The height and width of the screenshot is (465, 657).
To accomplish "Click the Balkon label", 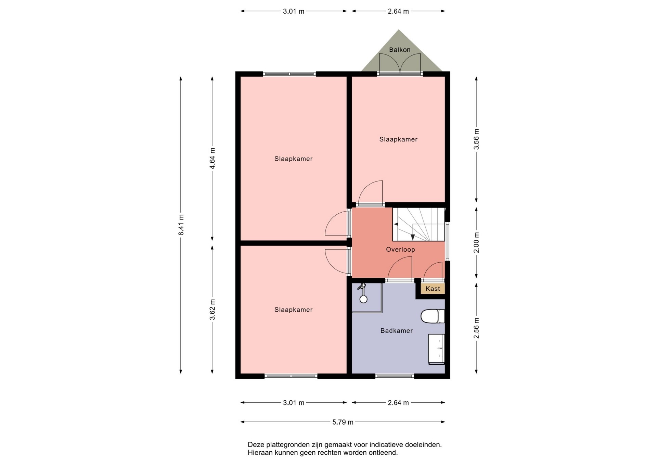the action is point(400,50).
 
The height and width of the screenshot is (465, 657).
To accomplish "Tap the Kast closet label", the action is point(433,289).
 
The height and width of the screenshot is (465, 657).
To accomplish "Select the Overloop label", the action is point(400,250).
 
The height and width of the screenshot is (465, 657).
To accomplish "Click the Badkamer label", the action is point(397,331).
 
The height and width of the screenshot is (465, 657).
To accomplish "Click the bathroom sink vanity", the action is point(436,349).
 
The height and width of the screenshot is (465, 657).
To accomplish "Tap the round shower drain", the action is point(363,299).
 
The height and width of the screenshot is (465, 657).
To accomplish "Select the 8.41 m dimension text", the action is point(181,225).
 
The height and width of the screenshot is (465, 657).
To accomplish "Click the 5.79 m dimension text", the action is point(343,422).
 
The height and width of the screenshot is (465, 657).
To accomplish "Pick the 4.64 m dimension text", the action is point(212,158).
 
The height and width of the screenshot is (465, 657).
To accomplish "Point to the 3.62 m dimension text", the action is point(212,310).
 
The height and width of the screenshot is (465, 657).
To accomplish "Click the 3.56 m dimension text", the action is point(476,139).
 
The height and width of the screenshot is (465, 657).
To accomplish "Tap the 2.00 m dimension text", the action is point(476,242).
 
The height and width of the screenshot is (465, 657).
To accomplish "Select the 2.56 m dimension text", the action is point(476,328).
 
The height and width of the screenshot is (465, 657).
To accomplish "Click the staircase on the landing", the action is point(418,224).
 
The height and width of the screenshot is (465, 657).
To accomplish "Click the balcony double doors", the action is point(400,64).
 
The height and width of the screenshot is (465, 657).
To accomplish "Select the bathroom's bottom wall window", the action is point(395,376).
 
